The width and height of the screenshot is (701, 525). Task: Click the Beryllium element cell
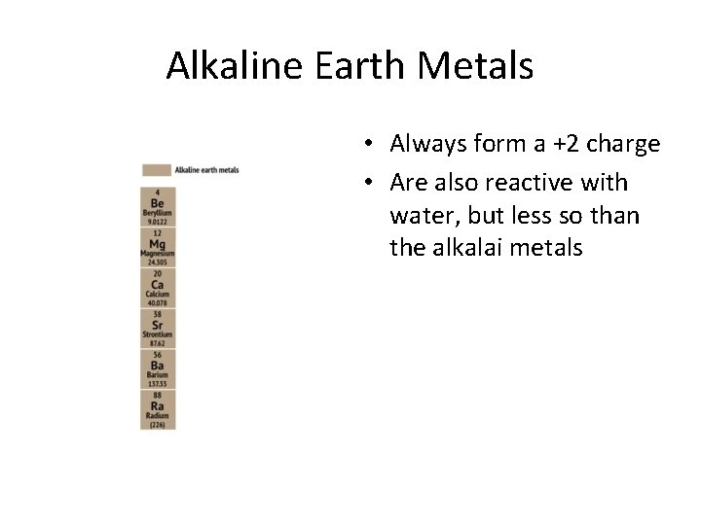click(x=157, y=205)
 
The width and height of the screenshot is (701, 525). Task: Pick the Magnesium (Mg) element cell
click(x=157, y=246)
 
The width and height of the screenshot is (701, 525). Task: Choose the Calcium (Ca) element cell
click(x=157, y=287)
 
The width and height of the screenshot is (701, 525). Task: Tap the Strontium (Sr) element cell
click(x=157, y=328)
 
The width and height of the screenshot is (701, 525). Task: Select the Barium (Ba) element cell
click(x=157, y=368)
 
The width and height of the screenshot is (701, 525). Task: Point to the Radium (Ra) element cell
click(x=157, y=409)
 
